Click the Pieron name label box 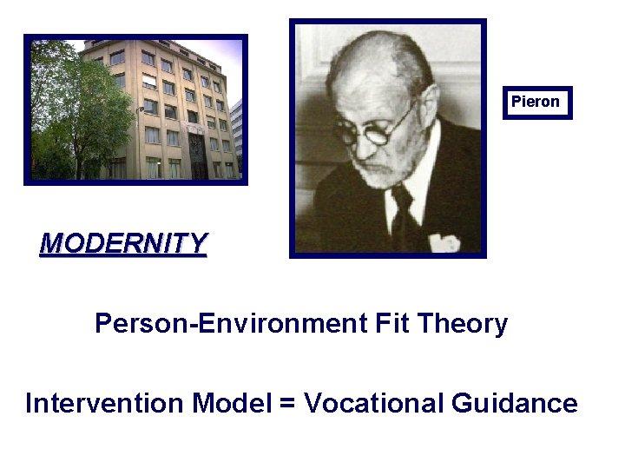tap(536, 102)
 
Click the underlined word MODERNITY tap(123, 243)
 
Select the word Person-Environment tap(231, 324)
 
